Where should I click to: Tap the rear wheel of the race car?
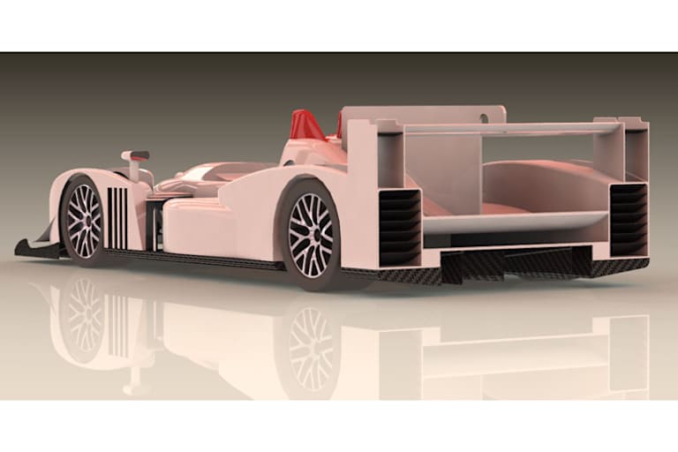click(x=311, y=235)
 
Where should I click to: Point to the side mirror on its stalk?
click(x=135, y=157)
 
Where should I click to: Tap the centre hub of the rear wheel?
click(x=311, y=235)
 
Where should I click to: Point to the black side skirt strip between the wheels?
click(x=203, y=259)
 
